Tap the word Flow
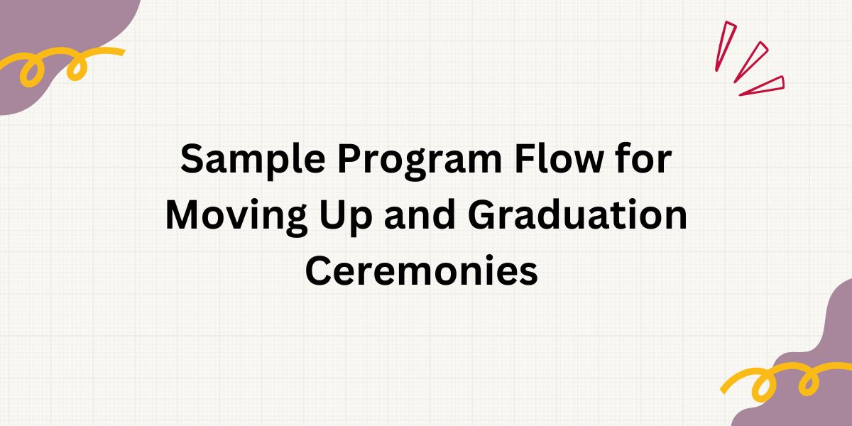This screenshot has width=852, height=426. tap(559, 158)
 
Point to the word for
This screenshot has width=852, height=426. tap(643, 158)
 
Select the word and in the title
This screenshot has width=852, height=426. tap(420, 214)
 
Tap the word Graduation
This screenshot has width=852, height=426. tap(577, 214)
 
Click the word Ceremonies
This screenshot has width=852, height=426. tap(422, 271)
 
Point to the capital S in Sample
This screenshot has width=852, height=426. tap(195, 158)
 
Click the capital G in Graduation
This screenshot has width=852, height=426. tap(483, 215)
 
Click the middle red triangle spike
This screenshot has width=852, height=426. tap(751, 62)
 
